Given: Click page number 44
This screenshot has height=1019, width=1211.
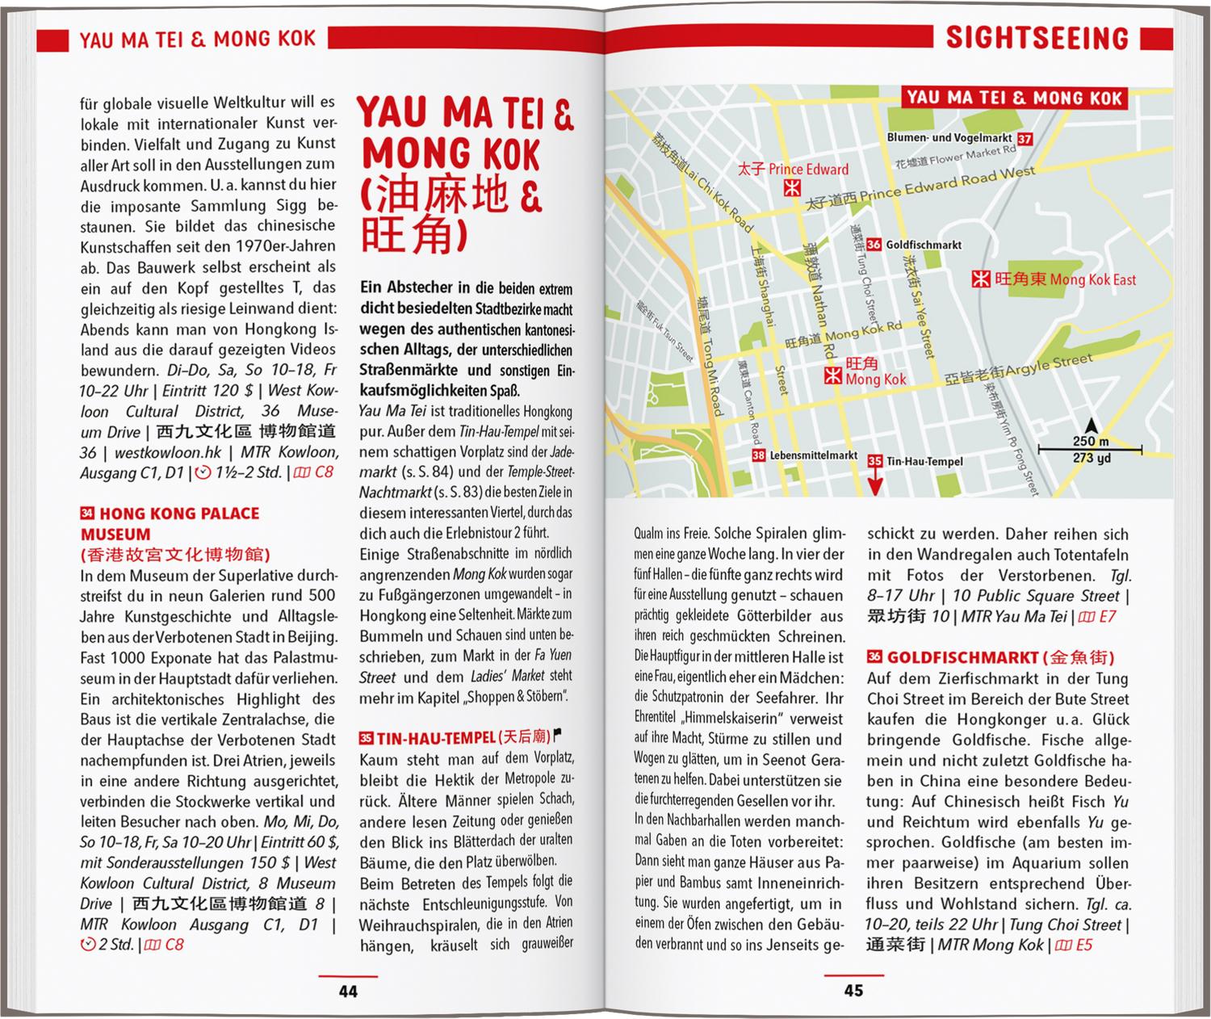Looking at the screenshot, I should click(x=348, y=991).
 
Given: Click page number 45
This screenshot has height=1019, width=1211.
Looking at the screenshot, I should click(x=853, y=991).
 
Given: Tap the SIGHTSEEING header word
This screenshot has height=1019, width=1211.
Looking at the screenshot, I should click(x=1037, y=38).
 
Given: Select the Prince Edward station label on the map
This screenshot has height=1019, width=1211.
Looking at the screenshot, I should click(x=807, y=170).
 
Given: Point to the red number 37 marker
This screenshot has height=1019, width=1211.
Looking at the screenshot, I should click(x=1025, y=139).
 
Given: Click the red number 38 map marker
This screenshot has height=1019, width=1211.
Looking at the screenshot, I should click(x=758, y=455).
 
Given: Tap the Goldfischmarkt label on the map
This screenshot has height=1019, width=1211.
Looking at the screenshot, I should click(x=924, y=245).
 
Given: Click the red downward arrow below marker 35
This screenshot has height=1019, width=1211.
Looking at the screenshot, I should click(x=875, y=484).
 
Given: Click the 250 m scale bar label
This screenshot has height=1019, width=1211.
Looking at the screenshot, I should click(x=1091, y=442).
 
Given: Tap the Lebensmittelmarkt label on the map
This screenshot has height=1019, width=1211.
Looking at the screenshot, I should click(x=813, y=455).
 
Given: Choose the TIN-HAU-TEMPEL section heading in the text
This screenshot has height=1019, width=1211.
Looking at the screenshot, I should click(x=436, y=737).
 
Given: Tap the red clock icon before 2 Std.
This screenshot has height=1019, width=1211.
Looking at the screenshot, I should click(x=88, y=944).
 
